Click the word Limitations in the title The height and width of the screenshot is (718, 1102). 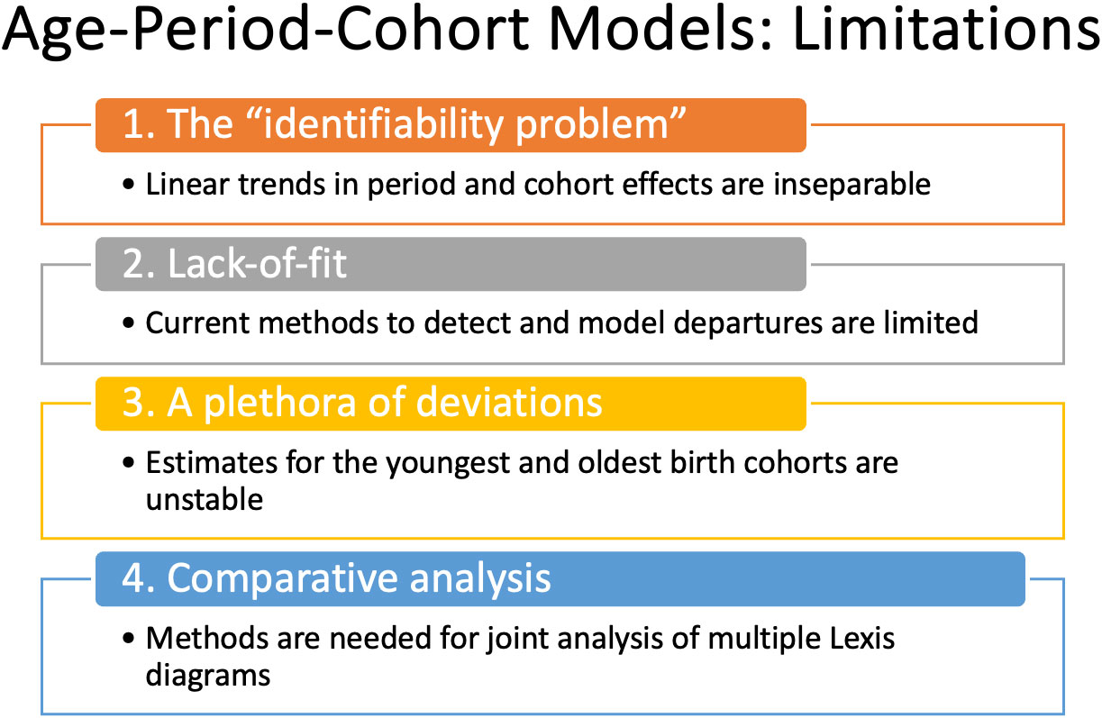coord(946,29)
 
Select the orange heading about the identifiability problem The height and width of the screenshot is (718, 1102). coord(451,125)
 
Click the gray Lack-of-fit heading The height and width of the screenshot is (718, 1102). coord(451,264)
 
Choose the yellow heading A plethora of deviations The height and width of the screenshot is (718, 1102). coord(451,404)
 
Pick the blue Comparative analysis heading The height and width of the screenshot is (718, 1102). coord(560,579)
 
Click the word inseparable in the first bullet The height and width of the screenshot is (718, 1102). coord(852,185)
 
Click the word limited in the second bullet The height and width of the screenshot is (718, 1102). coord(931,323)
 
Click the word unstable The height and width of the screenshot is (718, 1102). coord(205,500)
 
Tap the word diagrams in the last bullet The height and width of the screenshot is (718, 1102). coord(208,677)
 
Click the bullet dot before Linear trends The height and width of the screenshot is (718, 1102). coord(129,185)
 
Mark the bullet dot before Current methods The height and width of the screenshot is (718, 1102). coord(129,323)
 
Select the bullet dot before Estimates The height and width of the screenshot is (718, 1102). coord(129,463)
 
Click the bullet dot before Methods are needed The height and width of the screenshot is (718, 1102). coord(129,639)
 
